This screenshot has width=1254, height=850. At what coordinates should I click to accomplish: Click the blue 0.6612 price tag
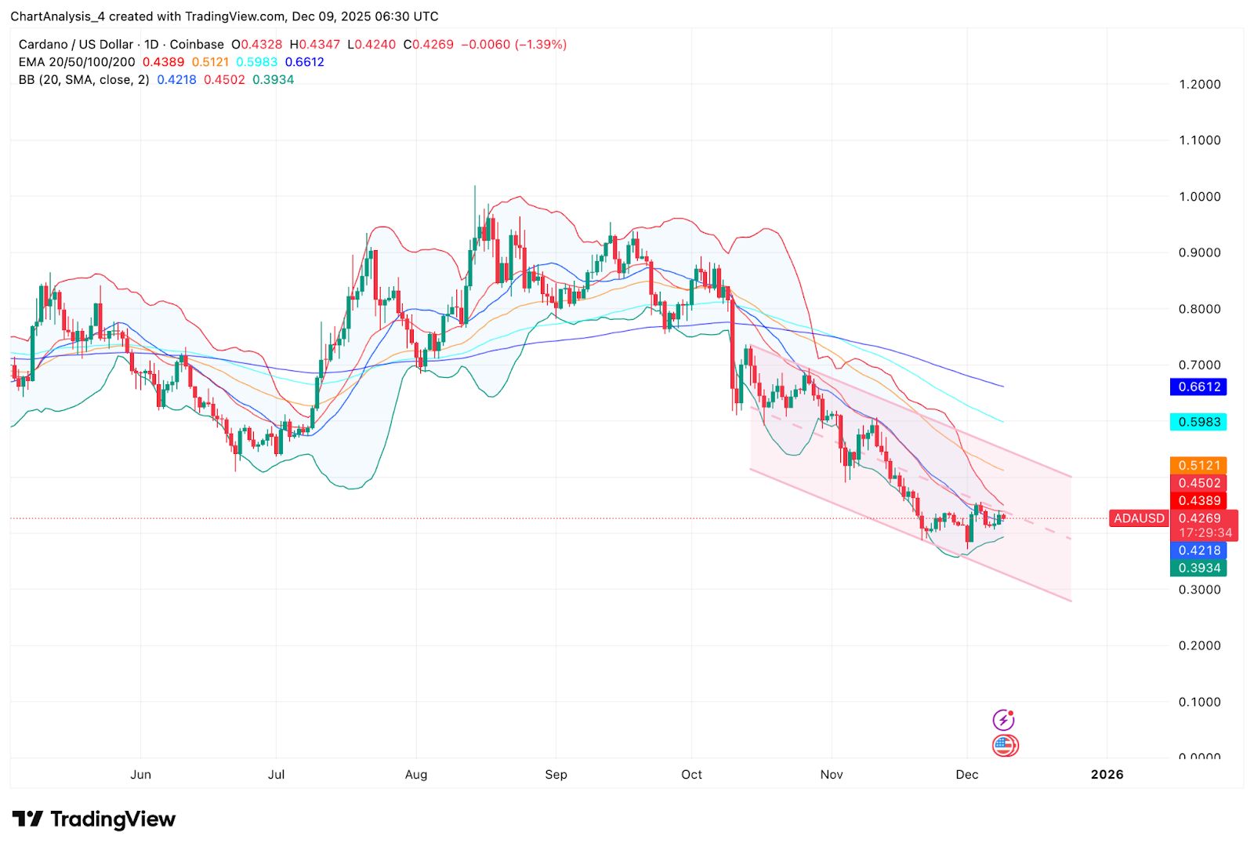1198,387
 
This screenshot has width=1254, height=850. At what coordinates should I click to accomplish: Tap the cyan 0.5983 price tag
1198,422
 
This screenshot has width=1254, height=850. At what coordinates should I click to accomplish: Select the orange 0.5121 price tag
1198,466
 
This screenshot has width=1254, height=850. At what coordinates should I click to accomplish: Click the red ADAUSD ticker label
1139,518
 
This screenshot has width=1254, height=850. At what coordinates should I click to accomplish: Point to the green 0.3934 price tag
1198,568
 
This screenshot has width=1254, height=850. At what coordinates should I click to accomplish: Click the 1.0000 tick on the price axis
1199,197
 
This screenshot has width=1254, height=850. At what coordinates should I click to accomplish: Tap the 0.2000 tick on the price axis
1199,645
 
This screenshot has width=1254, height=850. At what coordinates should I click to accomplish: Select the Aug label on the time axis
416,775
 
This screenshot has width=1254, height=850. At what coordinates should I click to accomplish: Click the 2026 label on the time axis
1107,775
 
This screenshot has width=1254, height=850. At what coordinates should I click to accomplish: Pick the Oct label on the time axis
691,775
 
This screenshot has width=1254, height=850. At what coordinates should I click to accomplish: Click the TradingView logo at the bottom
94,819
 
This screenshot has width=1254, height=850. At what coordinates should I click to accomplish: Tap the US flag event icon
1004,746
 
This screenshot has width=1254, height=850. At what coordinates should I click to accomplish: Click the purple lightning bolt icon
1003,720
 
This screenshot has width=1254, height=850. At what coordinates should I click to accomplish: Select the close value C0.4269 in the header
428,45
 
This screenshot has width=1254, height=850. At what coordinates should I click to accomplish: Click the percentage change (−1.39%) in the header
540,45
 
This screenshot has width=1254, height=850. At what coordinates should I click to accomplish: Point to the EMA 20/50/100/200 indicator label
77,62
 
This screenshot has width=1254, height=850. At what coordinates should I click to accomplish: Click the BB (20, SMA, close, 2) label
84,80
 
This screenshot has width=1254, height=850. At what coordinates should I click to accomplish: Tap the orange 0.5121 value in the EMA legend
210,62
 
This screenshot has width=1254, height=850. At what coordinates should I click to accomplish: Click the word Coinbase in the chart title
197,45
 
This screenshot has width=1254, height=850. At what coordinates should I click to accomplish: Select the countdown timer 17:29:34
1205,532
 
